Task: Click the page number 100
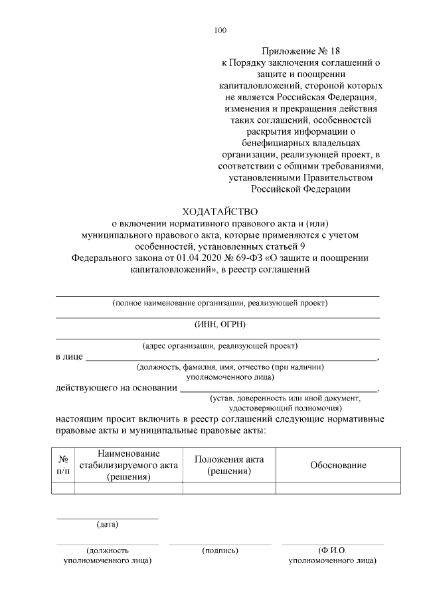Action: tap(221, 30)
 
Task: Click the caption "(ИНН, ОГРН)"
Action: tap(220, 324)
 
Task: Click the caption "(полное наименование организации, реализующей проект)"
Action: tap(220, 303)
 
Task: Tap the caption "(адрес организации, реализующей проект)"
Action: tap(220, 345)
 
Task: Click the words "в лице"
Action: tap(69, 357)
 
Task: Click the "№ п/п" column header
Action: tap(63, 465)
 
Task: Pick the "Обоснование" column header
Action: tap(338, 465)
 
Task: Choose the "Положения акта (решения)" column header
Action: tap(229, 465)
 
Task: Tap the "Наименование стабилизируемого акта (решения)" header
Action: tap(128, 464)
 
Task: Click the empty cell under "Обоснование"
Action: tap(338, 488)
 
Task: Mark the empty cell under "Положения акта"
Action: tap(229, 488)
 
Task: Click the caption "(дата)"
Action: tap(108, 525)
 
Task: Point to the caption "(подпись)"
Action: tap(220, 551)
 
